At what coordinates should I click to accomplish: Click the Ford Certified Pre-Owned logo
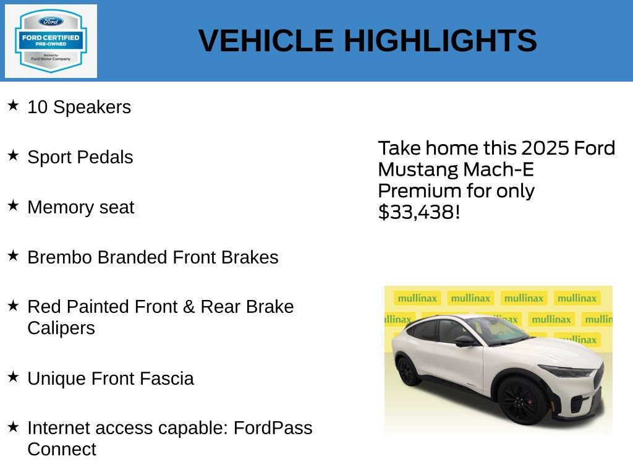51,41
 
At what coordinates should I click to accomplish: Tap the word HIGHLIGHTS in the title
440,41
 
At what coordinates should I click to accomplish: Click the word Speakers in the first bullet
92,107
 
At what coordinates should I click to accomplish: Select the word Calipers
61,328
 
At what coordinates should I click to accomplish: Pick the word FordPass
273,428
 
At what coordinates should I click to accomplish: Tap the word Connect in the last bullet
61,449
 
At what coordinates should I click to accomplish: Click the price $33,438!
419,212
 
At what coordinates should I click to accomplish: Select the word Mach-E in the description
498,169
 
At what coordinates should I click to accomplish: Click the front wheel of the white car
522,400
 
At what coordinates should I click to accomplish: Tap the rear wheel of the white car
408,371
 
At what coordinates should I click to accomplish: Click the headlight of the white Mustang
566,372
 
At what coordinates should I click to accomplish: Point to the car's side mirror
464,341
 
